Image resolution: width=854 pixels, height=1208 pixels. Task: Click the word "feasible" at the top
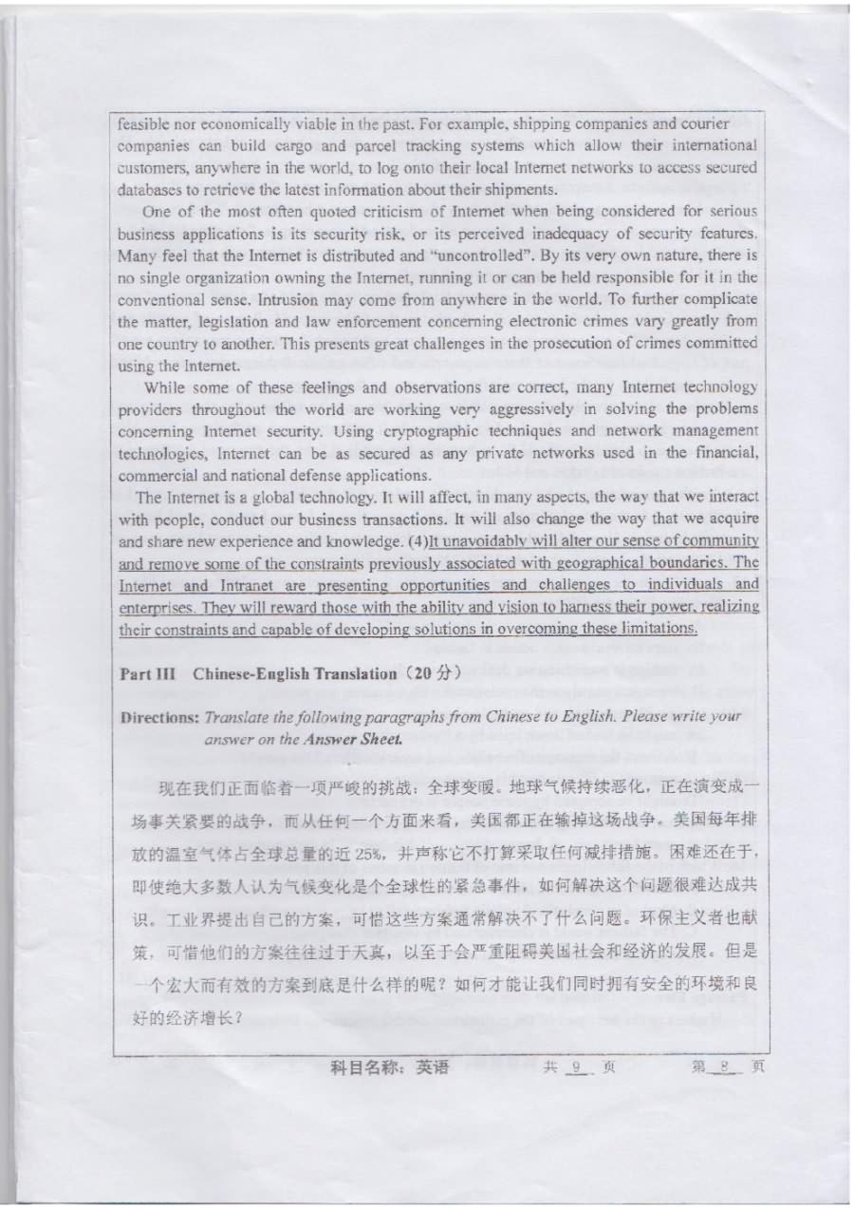140,123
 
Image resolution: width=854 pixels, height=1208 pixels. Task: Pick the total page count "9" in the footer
575,1066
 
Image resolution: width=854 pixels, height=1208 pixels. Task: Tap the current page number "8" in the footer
723,1066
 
